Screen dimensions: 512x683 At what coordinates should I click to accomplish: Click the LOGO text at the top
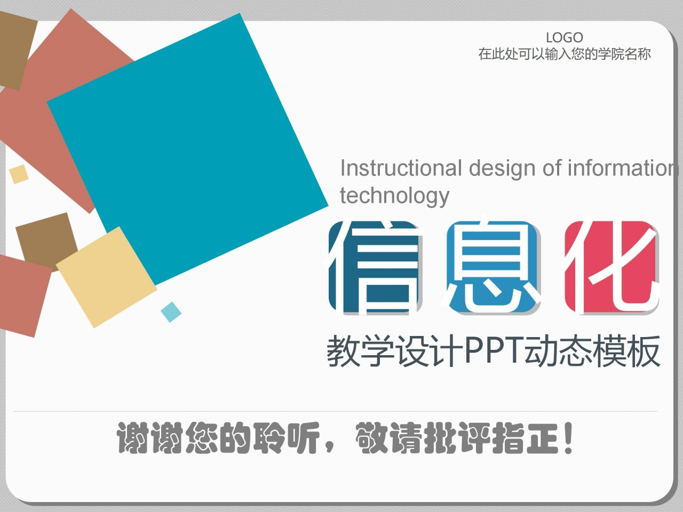(x=564, y=37)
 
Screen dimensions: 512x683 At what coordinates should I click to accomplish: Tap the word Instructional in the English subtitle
(x=401, y=168)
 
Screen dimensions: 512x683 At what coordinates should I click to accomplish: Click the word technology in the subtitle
(x=394, y=196)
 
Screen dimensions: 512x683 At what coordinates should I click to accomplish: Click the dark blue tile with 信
(x=375, y=267)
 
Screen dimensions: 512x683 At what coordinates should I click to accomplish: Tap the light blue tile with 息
(x=494, y=267)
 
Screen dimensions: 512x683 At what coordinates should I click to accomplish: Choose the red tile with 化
(x=612, y=267)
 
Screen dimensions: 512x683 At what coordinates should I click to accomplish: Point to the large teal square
(x=187, y=149)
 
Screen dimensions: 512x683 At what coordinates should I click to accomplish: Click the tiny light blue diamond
(x=171, y=312)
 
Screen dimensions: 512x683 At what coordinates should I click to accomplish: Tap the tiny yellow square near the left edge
(x=19, y=174)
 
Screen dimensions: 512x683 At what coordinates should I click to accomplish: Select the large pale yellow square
(x=106, y=276)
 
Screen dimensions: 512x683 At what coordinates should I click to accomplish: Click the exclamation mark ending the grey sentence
(x=568, y=438)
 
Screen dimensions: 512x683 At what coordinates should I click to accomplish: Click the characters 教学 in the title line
(x=361, y=350)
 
